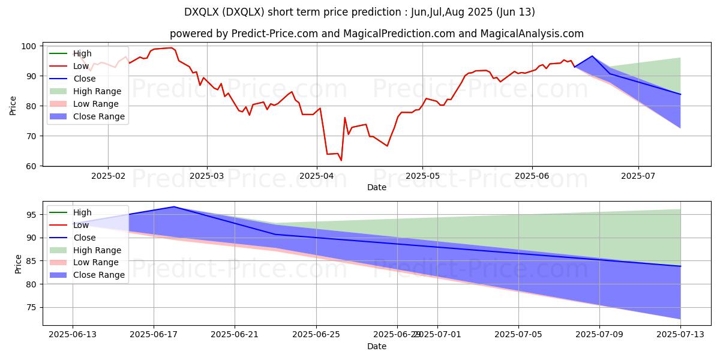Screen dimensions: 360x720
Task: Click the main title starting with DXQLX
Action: coord(360,12)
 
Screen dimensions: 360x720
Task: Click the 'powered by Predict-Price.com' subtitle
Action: coord(376,34)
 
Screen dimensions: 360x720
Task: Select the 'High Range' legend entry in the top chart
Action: coord(97,91)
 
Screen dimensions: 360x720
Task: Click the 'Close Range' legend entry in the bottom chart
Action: coord(98,275)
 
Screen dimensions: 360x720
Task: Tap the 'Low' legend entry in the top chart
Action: coord(81,66)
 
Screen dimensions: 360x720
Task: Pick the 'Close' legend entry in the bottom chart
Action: coord(84,238)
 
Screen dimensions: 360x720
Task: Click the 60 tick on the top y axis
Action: coord(32,166)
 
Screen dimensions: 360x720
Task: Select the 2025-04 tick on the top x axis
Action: coord(317,176)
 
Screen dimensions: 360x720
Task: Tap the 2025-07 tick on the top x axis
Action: coord(638,176)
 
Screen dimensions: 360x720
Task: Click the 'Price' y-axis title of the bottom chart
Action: coord(17,264)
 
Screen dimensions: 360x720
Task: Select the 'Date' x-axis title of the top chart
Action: coord(376,187)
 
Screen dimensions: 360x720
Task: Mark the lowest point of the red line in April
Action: coord(341,160)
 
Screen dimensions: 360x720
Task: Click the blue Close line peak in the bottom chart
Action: coord(174,206)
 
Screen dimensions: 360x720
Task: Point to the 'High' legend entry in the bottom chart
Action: coord(82,212)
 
